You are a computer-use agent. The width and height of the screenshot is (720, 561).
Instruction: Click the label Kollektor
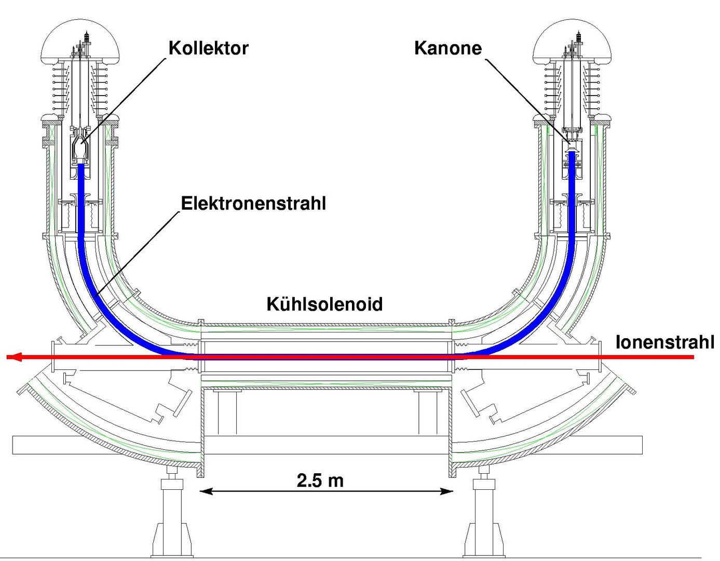(208, 48)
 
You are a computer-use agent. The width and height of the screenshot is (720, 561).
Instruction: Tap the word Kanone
(447, 48)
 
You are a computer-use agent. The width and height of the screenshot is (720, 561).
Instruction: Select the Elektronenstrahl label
(253, 203)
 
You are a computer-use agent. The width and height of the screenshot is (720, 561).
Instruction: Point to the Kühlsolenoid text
(324, 304)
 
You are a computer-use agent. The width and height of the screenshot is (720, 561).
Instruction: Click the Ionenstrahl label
(664, 342)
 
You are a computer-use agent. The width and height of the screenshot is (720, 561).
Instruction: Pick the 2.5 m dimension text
(320, 480)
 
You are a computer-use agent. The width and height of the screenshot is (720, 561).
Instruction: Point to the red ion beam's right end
(691, 357)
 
